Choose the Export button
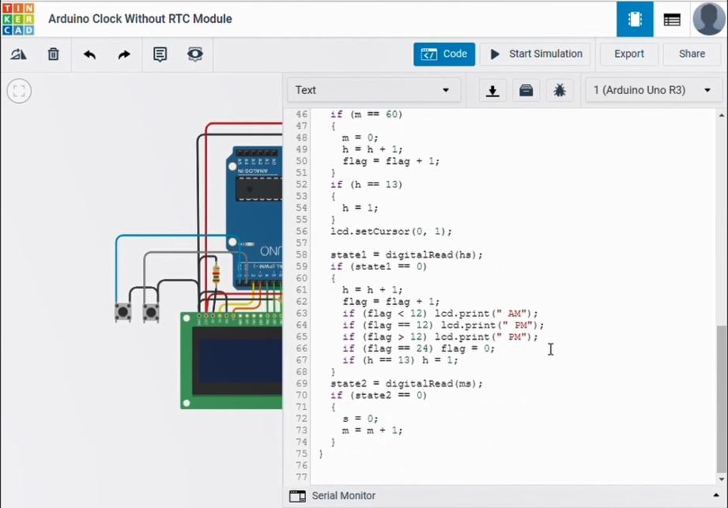click(x=629, y=55)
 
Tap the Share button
click(x=692, y=55)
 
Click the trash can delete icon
click(x=53, y=55)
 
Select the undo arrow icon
click(x=89, y=55)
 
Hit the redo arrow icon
click(x=124, y=55)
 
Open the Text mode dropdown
click(x=372, y=90)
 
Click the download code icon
click(x=492, y=90)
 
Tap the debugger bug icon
click(x=560, y=90)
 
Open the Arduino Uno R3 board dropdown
click(x=653, y=90)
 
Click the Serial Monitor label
click(x=343, y=496)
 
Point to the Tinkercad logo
click(x=18, y=18)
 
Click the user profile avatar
click(x=708, y=19)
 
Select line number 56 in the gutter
click(x=301, y=231)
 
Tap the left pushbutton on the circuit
click(x=123, y=312)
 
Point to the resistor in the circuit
click(x=217, y=274)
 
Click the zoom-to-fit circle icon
click(x=19, y=91)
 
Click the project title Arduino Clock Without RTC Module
click(x=140, y=19)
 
